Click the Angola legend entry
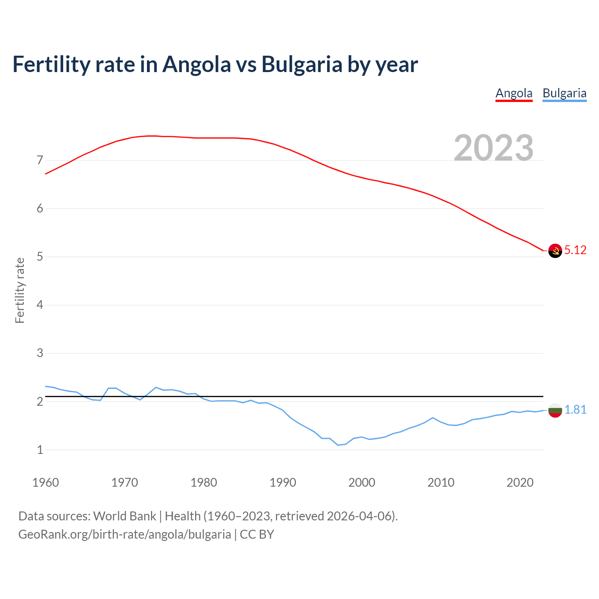[514, 93]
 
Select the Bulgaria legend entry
[564, 93]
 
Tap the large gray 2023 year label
[494, 148]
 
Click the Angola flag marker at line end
[555, 251]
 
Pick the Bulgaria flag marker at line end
[555, 410]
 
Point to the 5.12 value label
[575, 250]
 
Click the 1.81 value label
[575, 410]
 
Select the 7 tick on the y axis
[40, 161]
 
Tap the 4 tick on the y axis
[40, 305]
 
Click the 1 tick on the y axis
[40, 450]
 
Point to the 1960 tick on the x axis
[45, 482]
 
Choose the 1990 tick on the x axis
[283, 482]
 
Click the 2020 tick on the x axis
[520, 482]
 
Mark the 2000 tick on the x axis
[362, 482]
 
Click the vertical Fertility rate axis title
[20, 290]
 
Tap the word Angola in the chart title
[197, 65]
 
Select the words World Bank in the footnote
[124, 516]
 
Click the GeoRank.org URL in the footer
[124, 534]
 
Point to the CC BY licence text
[257, 534]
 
